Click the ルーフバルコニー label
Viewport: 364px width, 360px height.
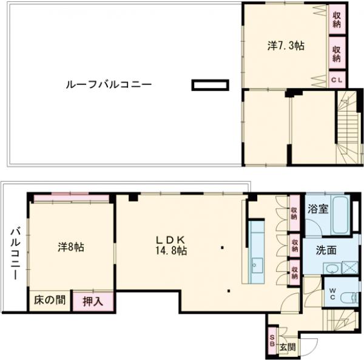point(108,84)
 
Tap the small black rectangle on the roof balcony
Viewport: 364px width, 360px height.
point(210,85)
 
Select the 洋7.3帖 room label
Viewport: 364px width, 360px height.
point(286,46)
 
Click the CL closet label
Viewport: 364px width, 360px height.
point(336,79)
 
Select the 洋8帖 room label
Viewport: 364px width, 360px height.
point(71,247)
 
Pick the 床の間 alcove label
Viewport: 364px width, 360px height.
point(49,300)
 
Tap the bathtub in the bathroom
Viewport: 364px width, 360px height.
point(340,217)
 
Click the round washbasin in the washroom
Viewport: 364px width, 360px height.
point(331,269)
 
